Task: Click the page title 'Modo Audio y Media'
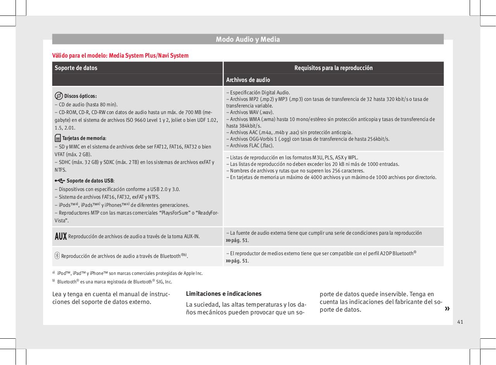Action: point(248,39)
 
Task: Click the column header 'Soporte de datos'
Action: point(76,68)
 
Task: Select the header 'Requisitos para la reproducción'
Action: point(333,68)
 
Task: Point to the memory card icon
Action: point(57,138)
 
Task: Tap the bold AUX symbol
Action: point(60,236)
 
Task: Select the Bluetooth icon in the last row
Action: point(57,256)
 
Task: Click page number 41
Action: point(460,322)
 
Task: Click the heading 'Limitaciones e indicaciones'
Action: point(219,294)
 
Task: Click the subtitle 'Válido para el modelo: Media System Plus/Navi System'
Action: point(121,56)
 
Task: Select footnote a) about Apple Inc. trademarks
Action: point(128,273)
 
